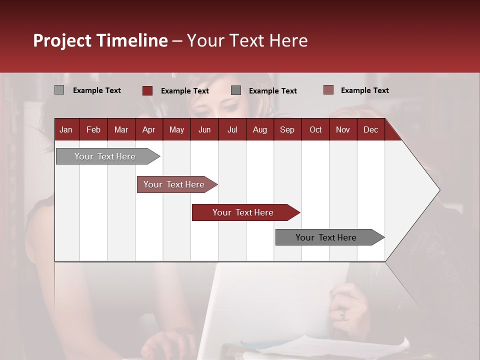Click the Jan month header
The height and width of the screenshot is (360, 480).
[66, 130]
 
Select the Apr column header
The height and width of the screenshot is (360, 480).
[148, 130]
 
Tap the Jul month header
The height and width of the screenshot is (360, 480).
[232, 130]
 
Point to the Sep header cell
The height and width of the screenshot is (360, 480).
[287, 130]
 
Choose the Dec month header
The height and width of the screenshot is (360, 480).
[370, 130]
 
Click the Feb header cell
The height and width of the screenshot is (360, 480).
[93, 130]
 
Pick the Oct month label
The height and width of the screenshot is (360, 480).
[315, 130]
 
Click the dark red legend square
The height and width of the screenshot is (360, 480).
[147, 90]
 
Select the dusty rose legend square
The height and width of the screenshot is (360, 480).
[328, 90]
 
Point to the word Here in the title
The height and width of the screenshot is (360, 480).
[288, 40]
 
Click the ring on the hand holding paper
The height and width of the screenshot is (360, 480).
[342, 314]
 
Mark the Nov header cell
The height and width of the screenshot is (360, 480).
[342, 130]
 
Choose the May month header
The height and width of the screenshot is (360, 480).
[176, 130]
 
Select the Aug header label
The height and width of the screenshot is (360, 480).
[259, 130]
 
